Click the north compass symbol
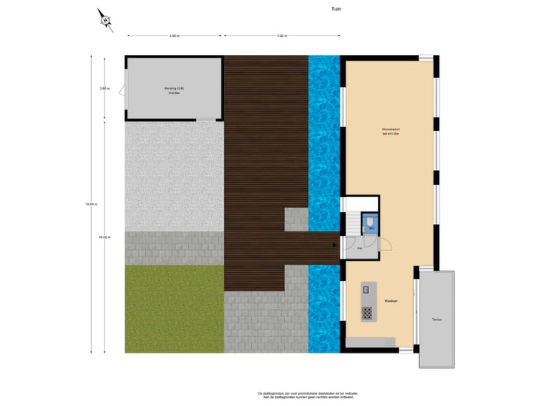tap(105, 20)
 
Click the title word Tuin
tap(336, 10)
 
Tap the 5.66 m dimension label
tap(174, 35)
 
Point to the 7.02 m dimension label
tap(281, 35)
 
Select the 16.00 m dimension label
tap(90, 203)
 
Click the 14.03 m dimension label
tap(104, 237)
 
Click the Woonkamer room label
tap(390, 131)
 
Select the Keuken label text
tap(391, 301)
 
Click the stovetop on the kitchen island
tap(367, 311)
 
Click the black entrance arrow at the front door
tap(335, 244)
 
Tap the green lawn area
tap(174, 308)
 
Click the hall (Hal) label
tap(361, 247)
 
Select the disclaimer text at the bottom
tap(308, 395)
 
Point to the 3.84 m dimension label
tap(104, 89)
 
